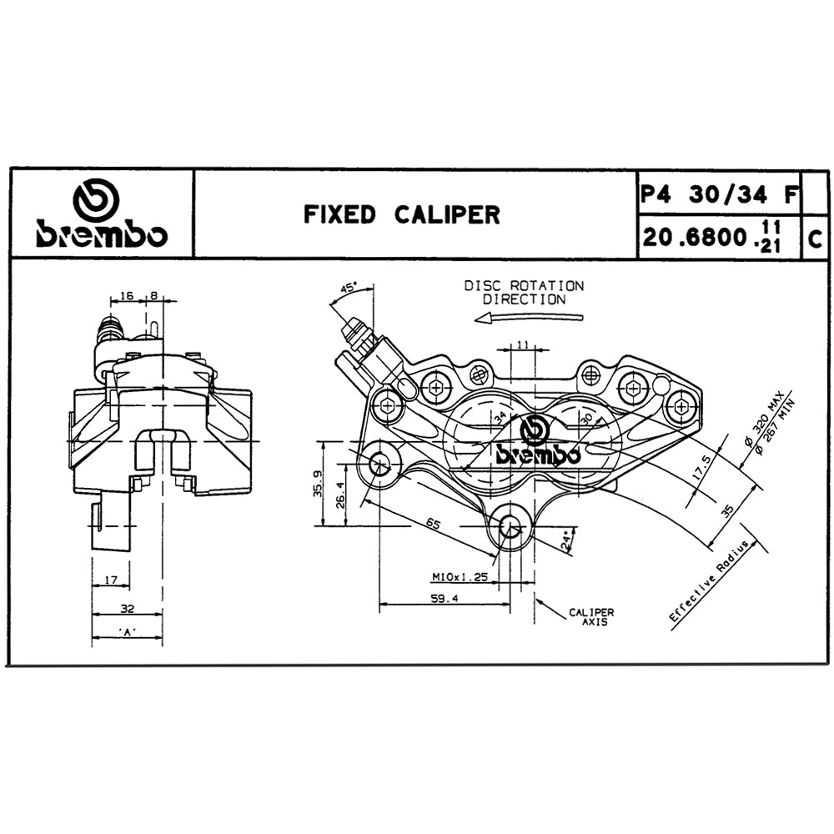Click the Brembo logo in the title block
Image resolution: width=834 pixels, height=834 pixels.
click(x=100, y=214)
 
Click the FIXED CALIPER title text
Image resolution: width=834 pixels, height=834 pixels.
click(x=401, y=215)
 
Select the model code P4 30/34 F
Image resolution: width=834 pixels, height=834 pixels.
click(x=718, y=194)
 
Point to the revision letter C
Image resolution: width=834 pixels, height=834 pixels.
click(x=816, y=239)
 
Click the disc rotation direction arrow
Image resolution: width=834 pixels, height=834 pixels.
click(x=526, y=318)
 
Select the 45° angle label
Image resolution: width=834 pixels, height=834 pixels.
click(x=348, y=289)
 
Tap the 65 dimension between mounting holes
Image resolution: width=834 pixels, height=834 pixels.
click(x=431, y=523)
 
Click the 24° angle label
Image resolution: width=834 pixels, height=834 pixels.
click(x=568, y=541)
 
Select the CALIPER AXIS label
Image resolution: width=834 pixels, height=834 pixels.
click(x=591, y=616)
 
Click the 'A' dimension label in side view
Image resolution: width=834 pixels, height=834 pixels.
click(x=127, y=632)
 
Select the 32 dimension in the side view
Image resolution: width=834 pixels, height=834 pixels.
click(x=127, y=610)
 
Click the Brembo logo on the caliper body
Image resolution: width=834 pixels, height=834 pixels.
click(x=538, y=444)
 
